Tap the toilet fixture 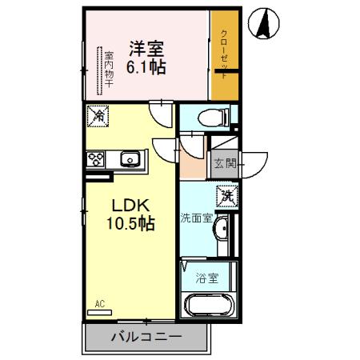(x=212, y=117)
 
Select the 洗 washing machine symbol (x=226, y=194)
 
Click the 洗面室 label (x=195, y=217)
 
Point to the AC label (x=100, y=303)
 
